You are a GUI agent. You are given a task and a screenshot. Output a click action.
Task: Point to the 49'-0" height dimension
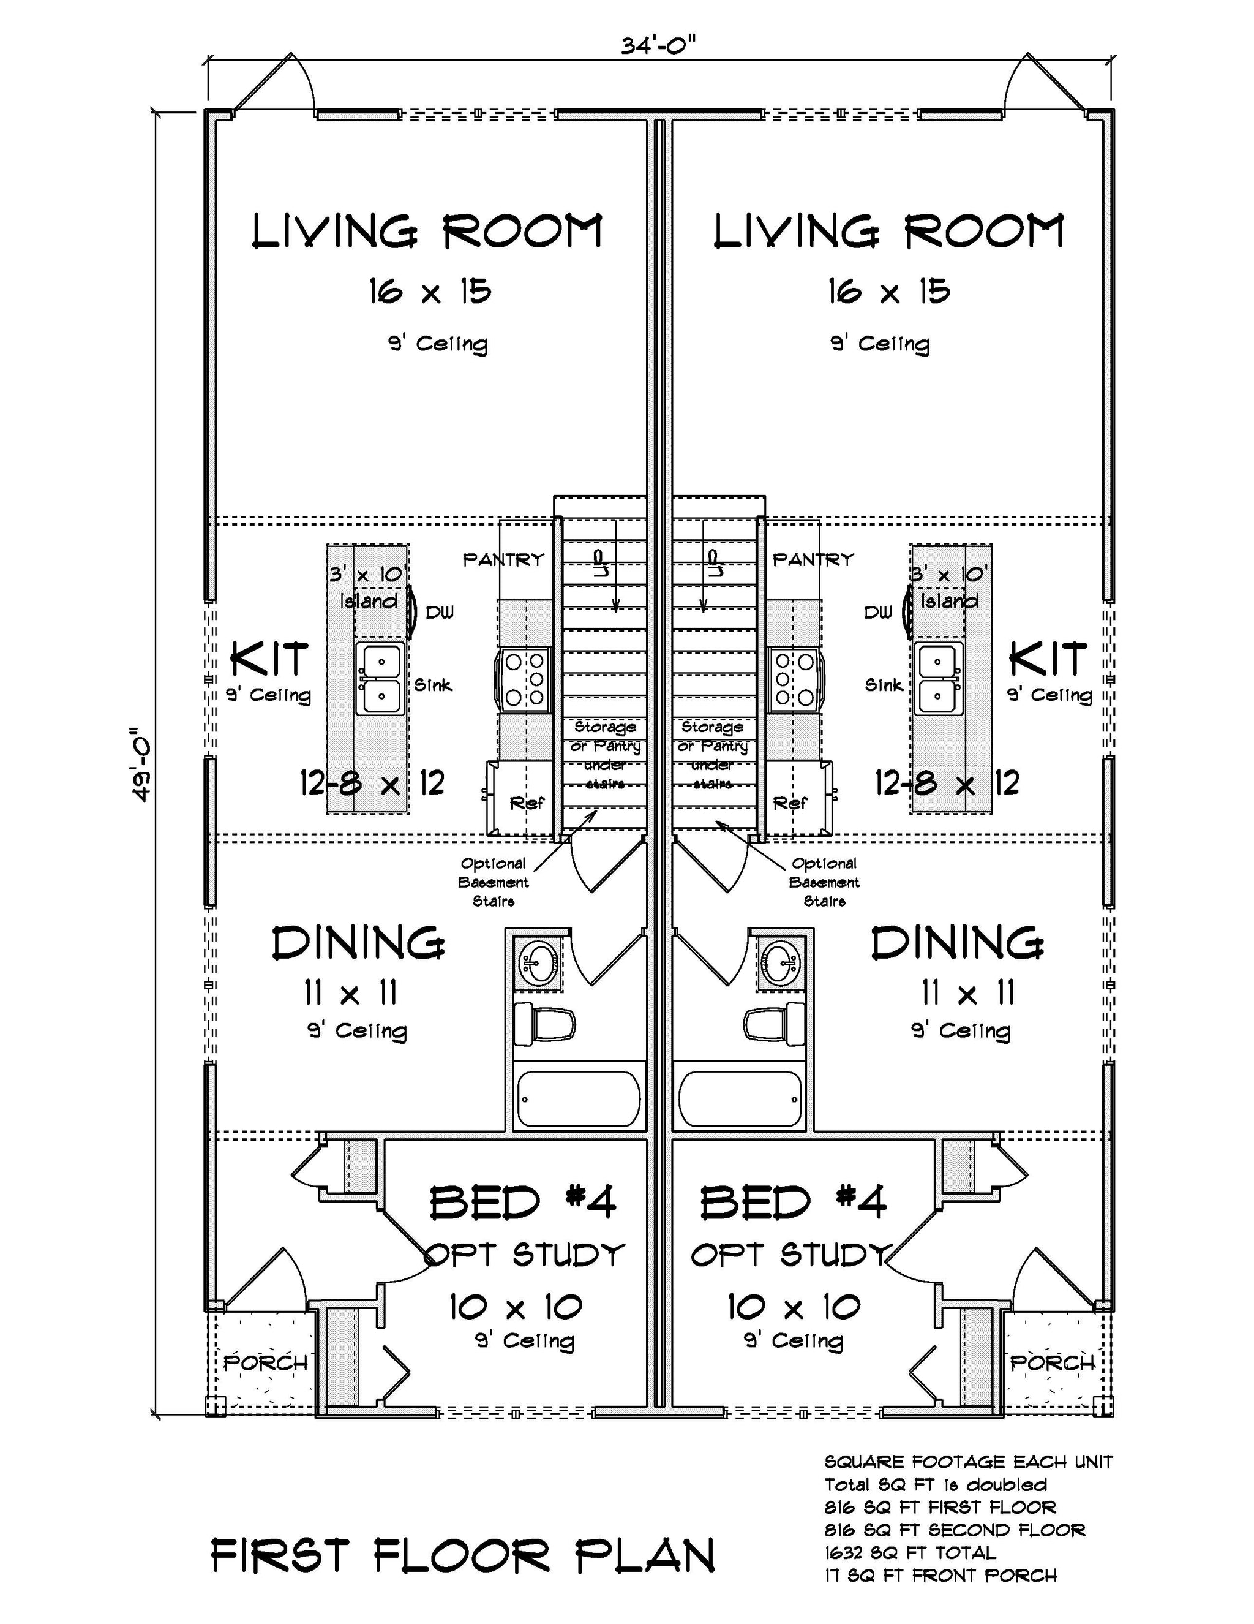pos(141,764)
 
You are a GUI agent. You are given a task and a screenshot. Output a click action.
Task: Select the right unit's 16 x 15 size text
pos(889,292)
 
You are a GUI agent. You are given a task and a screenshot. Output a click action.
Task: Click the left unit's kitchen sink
pos(381,678)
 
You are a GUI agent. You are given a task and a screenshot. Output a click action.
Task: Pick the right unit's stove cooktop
pos(794,679)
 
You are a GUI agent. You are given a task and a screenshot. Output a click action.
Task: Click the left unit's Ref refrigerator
pos(525,803)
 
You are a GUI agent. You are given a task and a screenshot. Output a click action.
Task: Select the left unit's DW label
pos(439,612)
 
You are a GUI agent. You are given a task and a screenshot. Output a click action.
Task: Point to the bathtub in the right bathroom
pos(740,1099)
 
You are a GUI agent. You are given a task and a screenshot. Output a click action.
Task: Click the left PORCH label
pos(265,1363)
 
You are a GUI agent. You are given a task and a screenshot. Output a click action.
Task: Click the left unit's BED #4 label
pos(522,1202)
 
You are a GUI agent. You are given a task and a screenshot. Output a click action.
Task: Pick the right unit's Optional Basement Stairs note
pos(824,882)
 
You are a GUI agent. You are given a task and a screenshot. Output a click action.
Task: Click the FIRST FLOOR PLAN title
pos(462,1555)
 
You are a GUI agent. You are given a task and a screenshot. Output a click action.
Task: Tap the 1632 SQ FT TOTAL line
pos(909,1552)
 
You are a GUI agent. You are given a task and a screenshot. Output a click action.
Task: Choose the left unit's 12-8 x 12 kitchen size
pos(372,783)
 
